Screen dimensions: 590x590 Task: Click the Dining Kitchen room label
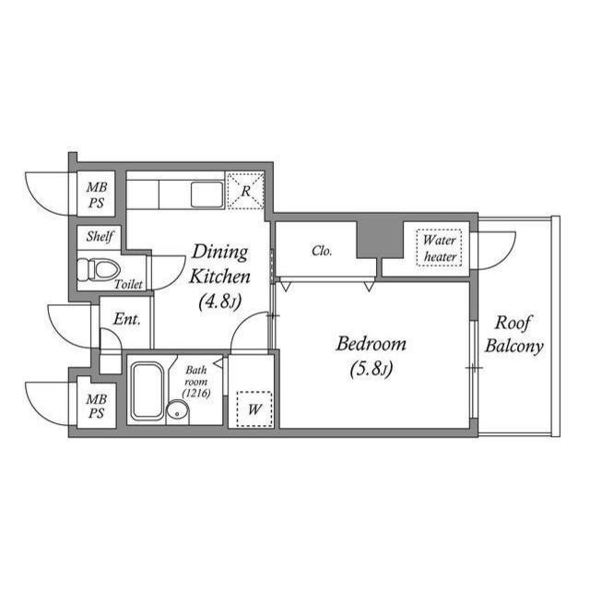pyautogui.click(x=218, y=264)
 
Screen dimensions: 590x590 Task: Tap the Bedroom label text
pyautogui.click(x=371, y=345)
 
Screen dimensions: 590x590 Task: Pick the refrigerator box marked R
pyautogui.click(x=245, y=192)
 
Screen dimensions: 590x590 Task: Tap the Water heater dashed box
pyautogui.click(x=440, y=247)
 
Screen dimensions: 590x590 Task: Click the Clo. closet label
pyautogui.click(x=322, y=251)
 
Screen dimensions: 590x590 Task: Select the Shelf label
pyautogui.click(x=100, y=236)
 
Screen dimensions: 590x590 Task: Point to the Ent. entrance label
pyautogui.click(x=126, y=319)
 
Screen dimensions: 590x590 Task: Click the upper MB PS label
pyautogui.click(x=97, y=195)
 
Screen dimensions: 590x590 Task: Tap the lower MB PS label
pyautogui.click(x=97, y=407)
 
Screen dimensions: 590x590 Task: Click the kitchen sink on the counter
pyautogui.click(x=206, y=195)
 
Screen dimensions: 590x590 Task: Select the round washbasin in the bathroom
pyautogui.click(x=177, y=412)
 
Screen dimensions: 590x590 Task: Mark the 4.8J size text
pyautogui.click(x=218, y=300)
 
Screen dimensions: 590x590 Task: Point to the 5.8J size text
pyautogui.click(x=372, y=371)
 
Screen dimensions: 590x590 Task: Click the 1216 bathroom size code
pyautogui.click(x=197, y=394)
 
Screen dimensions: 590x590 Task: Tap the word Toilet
pyautogui.click(x=128, y=285)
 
